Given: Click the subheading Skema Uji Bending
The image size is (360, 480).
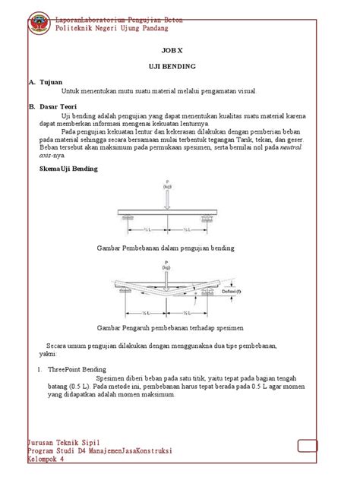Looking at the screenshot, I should pyautogui.click(x=68, y=169).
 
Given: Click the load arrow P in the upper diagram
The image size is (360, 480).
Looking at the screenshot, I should pyautogui.click(x=166, y=196).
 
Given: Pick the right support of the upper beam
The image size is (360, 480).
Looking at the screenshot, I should pyautogui.click(x=206, y=218).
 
